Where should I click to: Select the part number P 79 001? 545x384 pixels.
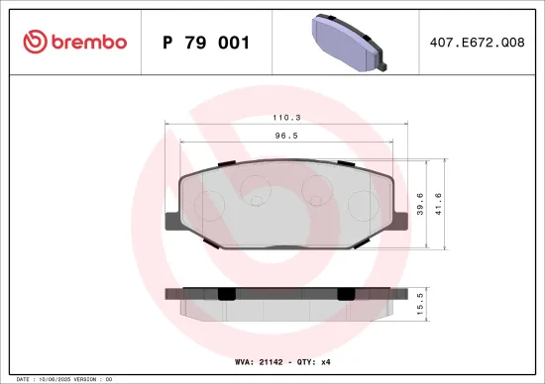tap(205, 43)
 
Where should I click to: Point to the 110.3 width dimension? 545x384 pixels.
tap(287, 117)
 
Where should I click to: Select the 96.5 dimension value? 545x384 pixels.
tap(287, 137)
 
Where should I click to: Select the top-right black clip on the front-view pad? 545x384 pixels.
tap(344, 162)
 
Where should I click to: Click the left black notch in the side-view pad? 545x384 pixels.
tap(226, 293)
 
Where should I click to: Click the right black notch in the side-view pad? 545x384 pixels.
tap(345, 293)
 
